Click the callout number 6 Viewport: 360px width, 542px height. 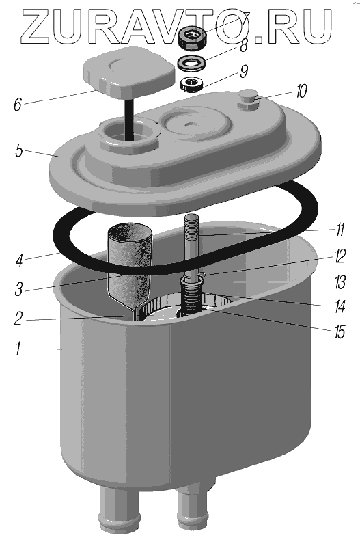click(x=18, y=105)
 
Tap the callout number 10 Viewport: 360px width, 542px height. click(x=301, y=92)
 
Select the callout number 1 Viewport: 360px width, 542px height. click(x=18, y=349)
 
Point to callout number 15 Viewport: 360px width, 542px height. click(x=340, y=332)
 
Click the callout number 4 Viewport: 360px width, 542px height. click(x=19, y=260)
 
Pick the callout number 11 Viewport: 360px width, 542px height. click(x=340, y=230)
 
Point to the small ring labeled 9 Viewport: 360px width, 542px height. click(x=191, y=84)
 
